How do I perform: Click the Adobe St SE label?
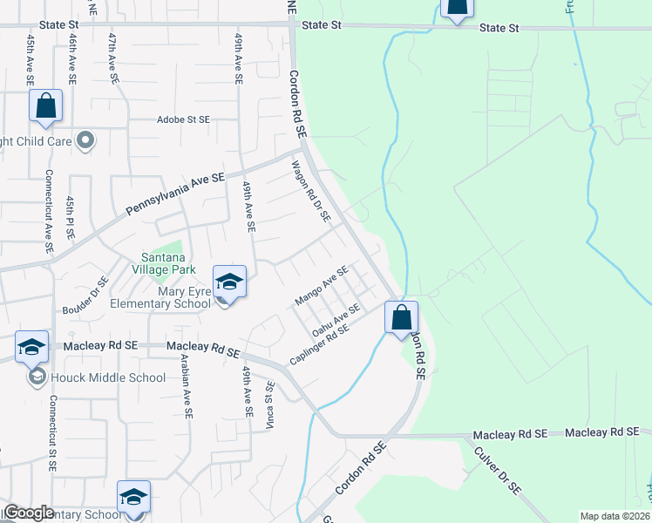click(x=183, y=119)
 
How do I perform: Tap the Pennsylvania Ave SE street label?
click(x=174, y=194)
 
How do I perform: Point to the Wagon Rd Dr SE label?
click(x=311, y=192)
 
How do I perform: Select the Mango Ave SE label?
click(x=322, y=287)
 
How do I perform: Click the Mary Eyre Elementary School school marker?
click(x=230, y=282)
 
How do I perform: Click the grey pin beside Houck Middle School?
click(x=37, y=377)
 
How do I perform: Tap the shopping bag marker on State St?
click(x=455, y=9)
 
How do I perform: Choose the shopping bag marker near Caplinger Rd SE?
click(x=402, y=316)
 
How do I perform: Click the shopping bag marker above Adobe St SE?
click(x=45, y=106)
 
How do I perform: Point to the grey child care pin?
click(x=85, y=139)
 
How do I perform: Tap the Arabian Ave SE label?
click(x=187, y=392)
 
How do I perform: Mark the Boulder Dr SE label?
click(x=85, y=295)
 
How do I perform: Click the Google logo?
click(x=28, y=513)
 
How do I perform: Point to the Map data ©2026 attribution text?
click(x=615, y=516)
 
